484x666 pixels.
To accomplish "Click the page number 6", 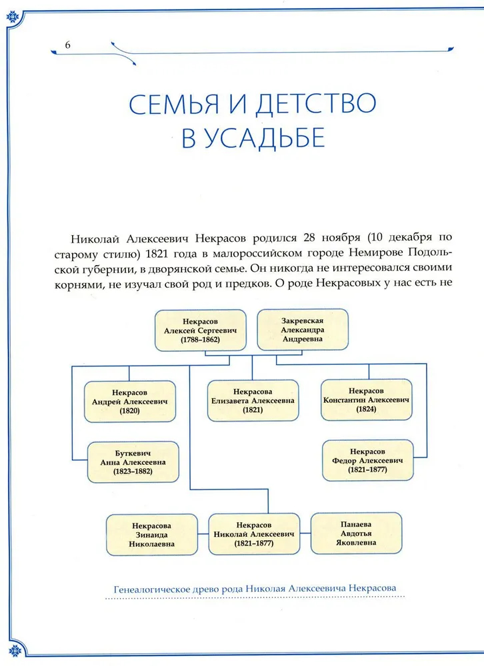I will (67, 44).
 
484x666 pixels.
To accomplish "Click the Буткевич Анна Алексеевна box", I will (133, 462).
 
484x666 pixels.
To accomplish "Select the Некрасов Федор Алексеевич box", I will (366, 460).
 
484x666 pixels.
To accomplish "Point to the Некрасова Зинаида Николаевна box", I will (153, 534).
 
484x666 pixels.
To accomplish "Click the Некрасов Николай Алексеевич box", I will (253, 534).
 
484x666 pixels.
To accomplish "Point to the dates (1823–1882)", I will (133, 472).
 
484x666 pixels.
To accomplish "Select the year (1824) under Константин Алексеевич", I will (366, 410).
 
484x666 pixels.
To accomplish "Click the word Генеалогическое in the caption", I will (150, 588).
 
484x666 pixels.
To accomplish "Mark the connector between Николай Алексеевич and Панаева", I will (304, 534).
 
